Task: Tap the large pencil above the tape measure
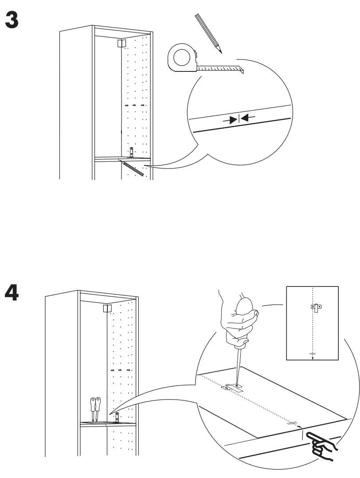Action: coord(207,34)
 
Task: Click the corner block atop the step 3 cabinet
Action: coord(121,43)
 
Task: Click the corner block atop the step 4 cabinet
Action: coord(107,308)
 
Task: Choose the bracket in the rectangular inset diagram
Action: coord(316,307)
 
